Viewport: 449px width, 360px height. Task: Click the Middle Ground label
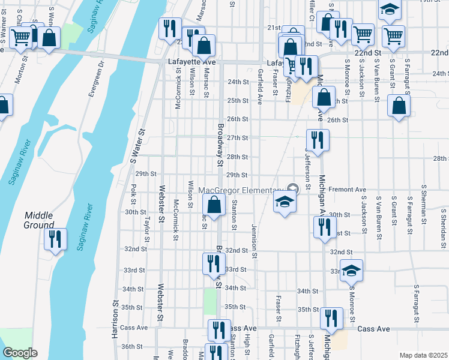point(40,220)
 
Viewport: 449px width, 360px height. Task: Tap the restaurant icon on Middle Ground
point(55,239)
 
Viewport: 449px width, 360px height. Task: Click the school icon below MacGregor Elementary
point(285,202)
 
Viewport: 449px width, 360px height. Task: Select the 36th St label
point(133,346)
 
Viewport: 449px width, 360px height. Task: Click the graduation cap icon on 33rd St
point(351,269)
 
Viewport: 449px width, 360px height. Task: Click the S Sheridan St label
point(443,226)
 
